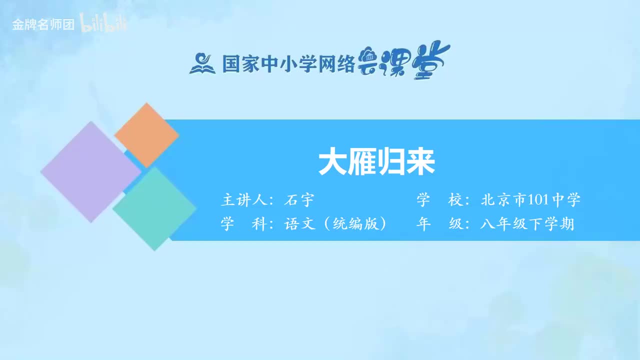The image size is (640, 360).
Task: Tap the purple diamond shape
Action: coord(90,171)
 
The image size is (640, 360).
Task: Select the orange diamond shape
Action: coord(146,135)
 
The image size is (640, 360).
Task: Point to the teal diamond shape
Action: coord(154,208)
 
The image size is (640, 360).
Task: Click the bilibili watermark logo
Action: coord(103,24)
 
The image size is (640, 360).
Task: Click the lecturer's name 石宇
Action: coord(298,200)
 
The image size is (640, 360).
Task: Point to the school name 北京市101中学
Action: coord(530,200)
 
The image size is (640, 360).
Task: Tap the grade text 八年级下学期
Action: coord(527,224)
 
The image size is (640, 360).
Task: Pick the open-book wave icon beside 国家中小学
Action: coord(202,63)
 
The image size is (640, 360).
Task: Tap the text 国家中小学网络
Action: coord(288,64)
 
